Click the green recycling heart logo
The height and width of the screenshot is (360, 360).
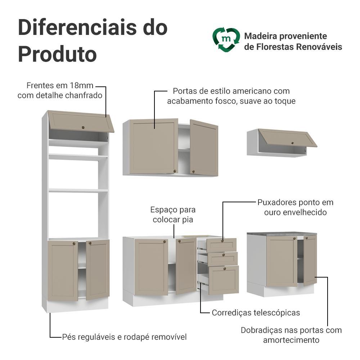[226, 40]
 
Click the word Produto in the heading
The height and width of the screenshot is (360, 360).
[57, 54]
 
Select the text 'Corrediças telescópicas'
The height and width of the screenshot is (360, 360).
[256, 312]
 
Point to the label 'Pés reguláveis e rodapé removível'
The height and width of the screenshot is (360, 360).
[124, 337]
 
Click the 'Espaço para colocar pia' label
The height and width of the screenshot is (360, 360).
[173, 215]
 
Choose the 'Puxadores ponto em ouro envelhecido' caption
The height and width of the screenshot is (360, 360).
[295, 207]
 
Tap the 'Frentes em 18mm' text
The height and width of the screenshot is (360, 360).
[60, 85]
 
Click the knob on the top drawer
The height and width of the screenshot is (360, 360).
[222, 240]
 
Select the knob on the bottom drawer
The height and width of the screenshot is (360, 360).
[225, 269]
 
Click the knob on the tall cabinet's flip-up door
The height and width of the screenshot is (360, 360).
[83, 127]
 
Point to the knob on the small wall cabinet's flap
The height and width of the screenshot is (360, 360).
[292, 143]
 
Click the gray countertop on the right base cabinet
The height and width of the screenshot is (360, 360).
[282, 234]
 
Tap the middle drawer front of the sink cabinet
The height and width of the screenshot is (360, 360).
[222, 258]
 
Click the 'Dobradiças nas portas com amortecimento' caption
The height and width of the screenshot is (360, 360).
[291, 335]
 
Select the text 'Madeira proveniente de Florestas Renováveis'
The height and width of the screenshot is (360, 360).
[293, 41]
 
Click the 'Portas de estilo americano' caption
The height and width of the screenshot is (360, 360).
[231, 96]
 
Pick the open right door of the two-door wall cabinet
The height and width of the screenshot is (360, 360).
[204, 148]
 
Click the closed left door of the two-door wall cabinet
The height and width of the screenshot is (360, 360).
[154, 146]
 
